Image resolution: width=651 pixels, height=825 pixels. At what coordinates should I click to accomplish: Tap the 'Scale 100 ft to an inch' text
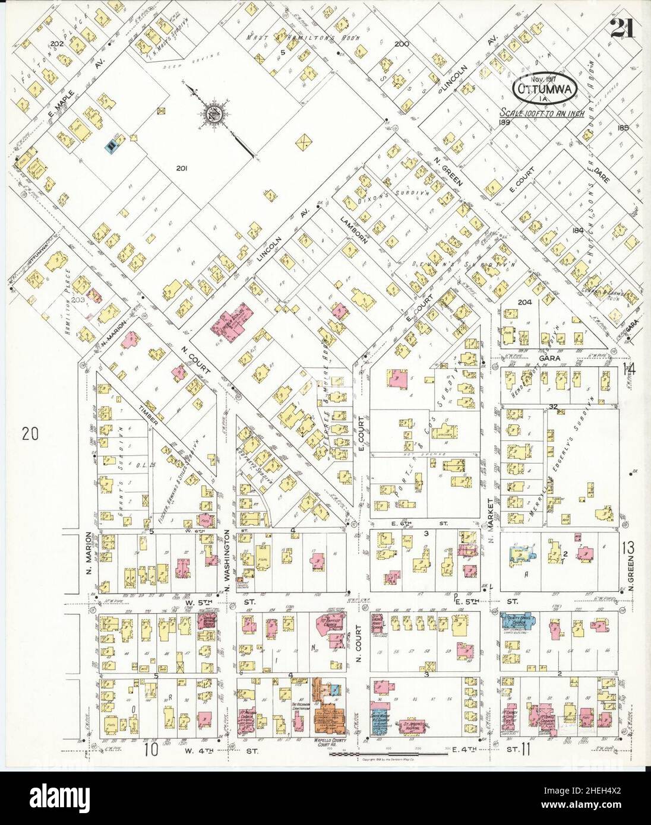(x=542, y=113)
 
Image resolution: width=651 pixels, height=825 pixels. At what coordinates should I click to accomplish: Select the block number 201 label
(x=182, y=169)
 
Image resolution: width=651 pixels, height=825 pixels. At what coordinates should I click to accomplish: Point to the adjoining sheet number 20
(x=30, y=434)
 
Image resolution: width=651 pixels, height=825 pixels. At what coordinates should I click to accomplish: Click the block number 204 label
(x=524, y=302)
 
